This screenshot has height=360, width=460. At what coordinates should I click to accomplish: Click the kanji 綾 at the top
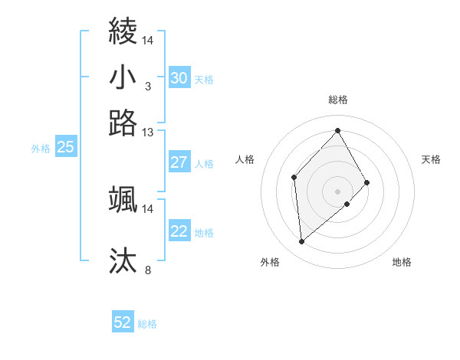point(123,31)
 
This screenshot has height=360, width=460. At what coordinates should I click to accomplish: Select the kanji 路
point(123,122)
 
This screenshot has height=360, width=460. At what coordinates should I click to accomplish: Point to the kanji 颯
point(123,200)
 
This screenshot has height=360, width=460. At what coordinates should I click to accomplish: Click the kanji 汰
point(123,260)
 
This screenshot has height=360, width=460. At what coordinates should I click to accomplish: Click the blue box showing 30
point(179,78)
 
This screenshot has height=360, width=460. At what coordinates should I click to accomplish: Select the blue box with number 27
point(179,162)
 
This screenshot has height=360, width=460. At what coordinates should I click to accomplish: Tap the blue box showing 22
point(179,231)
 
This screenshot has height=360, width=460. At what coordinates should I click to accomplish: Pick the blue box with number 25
point(65,148)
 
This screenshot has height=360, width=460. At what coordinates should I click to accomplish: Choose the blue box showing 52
point(123,323)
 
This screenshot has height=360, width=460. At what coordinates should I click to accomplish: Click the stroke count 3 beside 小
point(147,86)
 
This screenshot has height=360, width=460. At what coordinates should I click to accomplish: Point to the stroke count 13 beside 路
point(147,132)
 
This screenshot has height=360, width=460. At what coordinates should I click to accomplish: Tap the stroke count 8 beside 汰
point(148,270)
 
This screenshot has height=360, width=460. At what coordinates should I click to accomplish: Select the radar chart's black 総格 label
point(338,100)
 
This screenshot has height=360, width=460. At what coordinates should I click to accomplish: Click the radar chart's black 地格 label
point(402,262)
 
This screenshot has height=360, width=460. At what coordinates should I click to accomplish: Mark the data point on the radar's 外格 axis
point(302,242)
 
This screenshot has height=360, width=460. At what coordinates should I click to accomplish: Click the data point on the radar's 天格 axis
point(367,182)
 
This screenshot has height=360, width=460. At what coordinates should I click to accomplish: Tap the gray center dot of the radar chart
point(338,190)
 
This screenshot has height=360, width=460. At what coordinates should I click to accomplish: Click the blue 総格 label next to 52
point(147,324)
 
